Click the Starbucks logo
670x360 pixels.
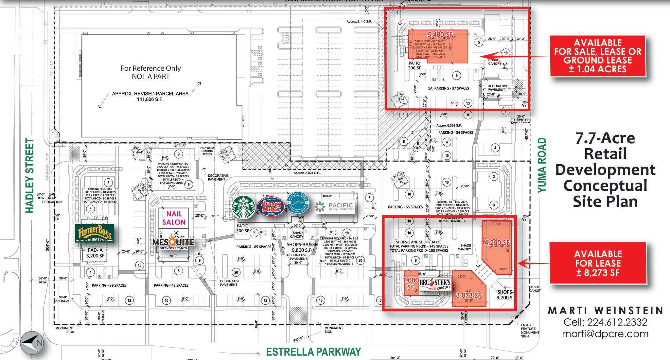click(x=244, y=207)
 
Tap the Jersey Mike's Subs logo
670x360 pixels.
click(x=270, y=207)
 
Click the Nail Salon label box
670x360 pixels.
click(x=174, y=218)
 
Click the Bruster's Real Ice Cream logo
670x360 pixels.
click(x=435, y=284)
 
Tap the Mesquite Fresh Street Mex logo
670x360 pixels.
click(x=174, y=243)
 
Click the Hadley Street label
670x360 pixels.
click(x=30, y=175)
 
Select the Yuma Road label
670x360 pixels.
click(x=542, y=165)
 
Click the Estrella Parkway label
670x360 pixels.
click(x=313, y=352)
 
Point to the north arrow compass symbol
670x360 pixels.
click(x=31, y=343)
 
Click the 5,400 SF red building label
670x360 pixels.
click(x=440, y=34)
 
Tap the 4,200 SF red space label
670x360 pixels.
click(x=497, y=243)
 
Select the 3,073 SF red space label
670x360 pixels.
click(x=468, y=296)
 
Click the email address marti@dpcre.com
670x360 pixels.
click(x=605, y=334)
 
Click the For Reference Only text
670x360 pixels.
click(x=150, y=68)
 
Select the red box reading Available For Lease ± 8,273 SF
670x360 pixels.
click(x=598, y=263)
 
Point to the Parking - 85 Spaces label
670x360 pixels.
click(x=254, y=247)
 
